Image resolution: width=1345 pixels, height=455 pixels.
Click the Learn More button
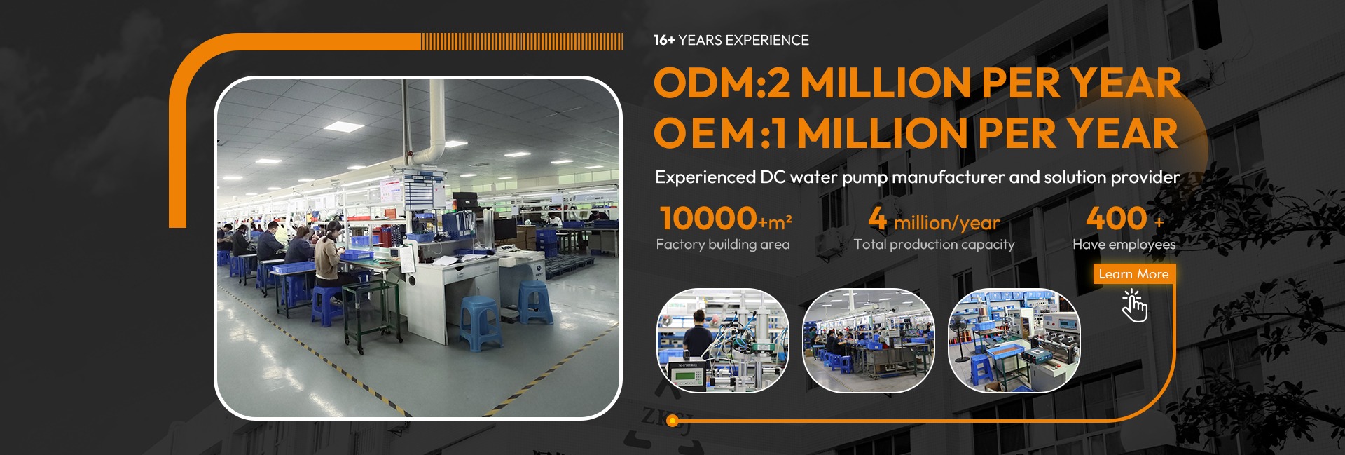tap(1133, 274)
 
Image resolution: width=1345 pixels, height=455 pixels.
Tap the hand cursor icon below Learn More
tap(1135, 306)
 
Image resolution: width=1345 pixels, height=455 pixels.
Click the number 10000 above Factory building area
tap(708, 218)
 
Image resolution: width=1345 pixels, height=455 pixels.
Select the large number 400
tap(1117, 218)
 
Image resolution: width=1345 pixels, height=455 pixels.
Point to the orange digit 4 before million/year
tap(877, 218)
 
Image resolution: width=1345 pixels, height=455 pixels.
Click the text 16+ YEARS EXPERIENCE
tap(731, 41)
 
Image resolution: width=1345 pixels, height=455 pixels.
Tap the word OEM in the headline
tap(705, 133)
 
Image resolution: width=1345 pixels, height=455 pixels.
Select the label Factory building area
tap(723, 245)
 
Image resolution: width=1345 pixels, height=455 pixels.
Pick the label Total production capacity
tap(934, 245)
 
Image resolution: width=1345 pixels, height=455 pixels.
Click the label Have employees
tap(1124, 245)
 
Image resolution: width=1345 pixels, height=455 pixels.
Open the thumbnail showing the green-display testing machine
tap(723, 341)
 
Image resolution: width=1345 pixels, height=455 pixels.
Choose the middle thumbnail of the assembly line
tap(869, 341)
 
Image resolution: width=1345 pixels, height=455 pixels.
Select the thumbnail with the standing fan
tap(1014, 341)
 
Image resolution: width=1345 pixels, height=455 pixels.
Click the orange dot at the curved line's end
tap(672, 421)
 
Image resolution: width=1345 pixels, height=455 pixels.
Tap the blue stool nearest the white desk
tap(481, 322)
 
